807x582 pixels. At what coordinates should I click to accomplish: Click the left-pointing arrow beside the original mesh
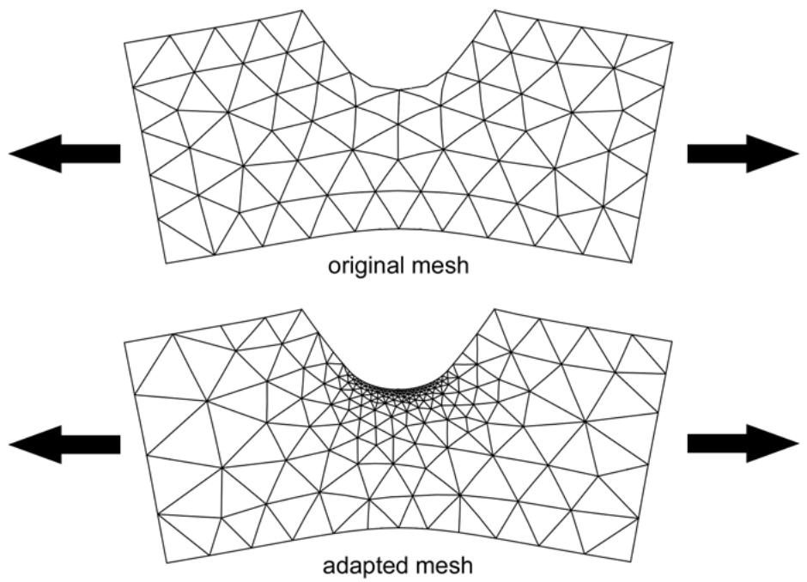[65, 154]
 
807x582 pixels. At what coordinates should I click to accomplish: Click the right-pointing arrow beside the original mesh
[743, 154]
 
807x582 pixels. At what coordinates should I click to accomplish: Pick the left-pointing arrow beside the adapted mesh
[65, 444]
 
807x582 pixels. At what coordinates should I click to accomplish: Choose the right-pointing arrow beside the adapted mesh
[743, 444]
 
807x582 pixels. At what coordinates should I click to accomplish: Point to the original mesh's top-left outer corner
[124, 43]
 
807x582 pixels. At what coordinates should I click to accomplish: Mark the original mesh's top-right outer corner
[672, 43]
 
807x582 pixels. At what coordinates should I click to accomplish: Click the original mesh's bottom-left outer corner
[167, 264]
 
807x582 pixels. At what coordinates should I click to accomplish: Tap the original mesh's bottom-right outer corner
[633, 263]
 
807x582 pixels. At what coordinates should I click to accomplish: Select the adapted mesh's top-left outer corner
[124, 343]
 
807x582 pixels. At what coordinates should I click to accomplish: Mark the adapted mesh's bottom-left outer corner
[167, 562]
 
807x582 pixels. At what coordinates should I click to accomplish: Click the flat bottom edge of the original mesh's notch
[398, 88]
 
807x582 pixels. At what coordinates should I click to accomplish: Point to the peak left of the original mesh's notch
[301, 9]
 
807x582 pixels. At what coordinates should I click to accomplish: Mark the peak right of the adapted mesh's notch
[495, 309]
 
